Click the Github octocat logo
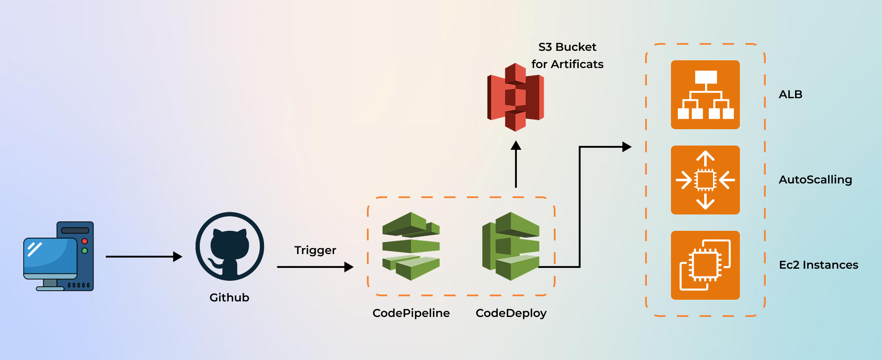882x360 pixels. click(230, 246)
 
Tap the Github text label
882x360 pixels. click(229, 298)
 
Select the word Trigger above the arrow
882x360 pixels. click(315, 250)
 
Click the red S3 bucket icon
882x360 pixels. click(516, 97)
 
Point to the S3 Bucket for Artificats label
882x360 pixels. click(567, 56)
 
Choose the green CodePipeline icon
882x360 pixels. click(411, 246)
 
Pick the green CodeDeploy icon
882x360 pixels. click(511, 246)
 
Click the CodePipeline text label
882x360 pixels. click(411, 313)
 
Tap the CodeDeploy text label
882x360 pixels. click(511, 313)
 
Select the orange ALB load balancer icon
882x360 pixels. click(705, 95)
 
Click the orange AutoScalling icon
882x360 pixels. click(705, 180)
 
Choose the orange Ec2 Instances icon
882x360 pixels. click(705, 265)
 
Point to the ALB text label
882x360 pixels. click(790, 94)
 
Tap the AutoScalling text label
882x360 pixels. click(815, 180)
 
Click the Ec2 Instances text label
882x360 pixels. click(818, 265)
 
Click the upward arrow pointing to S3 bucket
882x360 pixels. click(516, 166)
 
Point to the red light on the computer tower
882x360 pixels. click(85, 241)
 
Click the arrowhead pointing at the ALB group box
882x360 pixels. click(627, 147)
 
